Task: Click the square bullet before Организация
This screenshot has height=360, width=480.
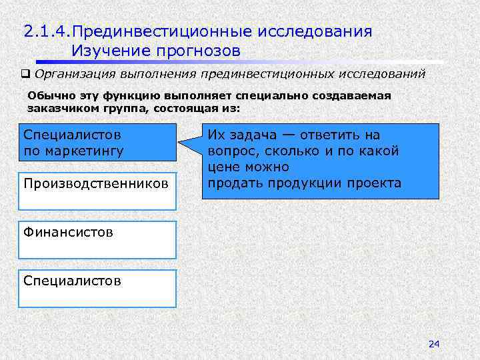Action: click(26, 74)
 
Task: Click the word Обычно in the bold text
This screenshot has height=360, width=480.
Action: click(46, 95)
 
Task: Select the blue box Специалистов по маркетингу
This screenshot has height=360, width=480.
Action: click(97, 143)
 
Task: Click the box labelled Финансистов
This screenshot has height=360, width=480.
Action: click(97, 240)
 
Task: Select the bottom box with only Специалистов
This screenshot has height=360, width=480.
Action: click(97, 288)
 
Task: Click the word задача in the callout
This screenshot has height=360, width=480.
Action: click(253, 135)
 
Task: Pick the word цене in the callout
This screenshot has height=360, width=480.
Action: click(223, 167)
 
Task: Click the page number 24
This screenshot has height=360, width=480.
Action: click(434, 343)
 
